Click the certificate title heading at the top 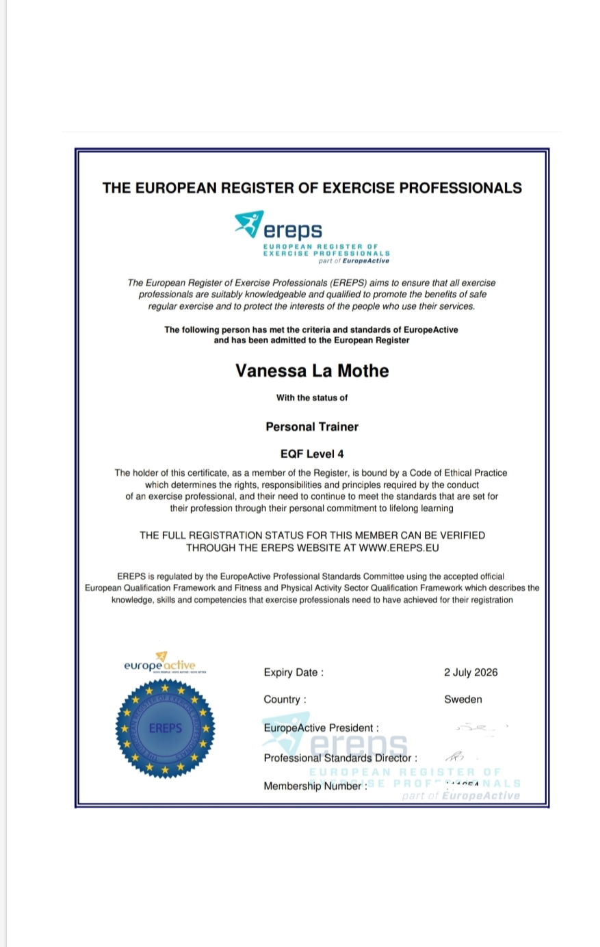pyautogui.click(x=312, y=188)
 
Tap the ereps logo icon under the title pyautogui.click(x=249, y=224)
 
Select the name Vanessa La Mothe pyautogui.click(x=312, y=371)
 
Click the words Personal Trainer pyautogui.click(x=312, y=427)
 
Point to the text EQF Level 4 pyautogui.click(x=312, y=454)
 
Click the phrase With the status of pyautogui.click(x=312, y=398)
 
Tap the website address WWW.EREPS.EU pyautogui.click(x=399, y=548)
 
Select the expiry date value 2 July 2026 pyautogui.click(x=471, y=672)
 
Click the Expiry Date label pyautogui.click(x=294, y=673)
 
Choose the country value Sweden pyautogui.click(x=463, y=699)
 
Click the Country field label pyautogui.click(x=285, y=699)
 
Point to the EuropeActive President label pyautogui.click(x=321, y=728)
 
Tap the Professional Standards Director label pyautogui.click(x=340, y=758)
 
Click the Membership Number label pyautogui.click(x=315, y=786)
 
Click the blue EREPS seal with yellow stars pyautogui.click(x=165, y=728)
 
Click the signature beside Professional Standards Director pyautogui.click(x=455, y=756)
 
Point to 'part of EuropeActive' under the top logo pyautogui.click(x=354, y=261)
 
